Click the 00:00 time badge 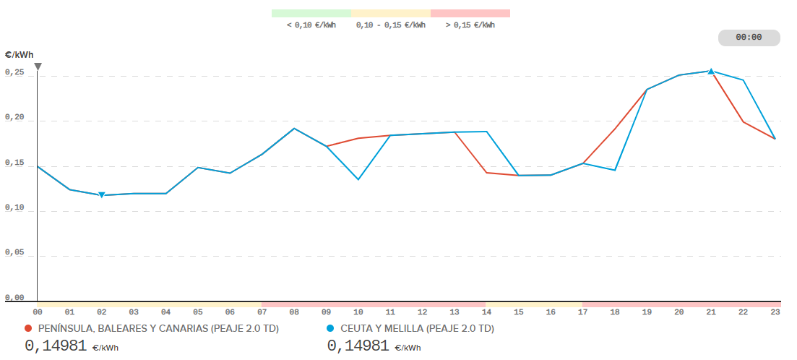point(749,38)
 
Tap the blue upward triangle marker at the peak point(711,71)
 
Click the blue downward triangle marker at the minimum point(102,195)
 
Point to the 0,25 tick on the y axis point(14,74)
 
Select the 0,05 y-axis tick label point(14,253)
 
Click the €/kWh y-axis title point(19,55)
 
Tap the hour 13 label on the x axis point(454,312)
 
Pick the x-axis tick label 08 point(294,312)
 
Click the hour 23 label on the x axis point(775,312)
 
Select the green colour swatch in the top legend point(311,13)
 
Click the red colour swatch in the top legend point(470,13)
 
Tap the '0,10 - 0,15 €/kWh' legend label point(391,25)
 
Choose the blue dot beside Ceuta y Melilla point(331,329)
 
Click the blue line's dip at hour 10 point(358,179)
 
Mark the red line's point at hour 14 point(486,172)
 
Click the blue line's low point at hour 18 point(614,170)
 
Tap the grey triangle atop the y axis point(38,67)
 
